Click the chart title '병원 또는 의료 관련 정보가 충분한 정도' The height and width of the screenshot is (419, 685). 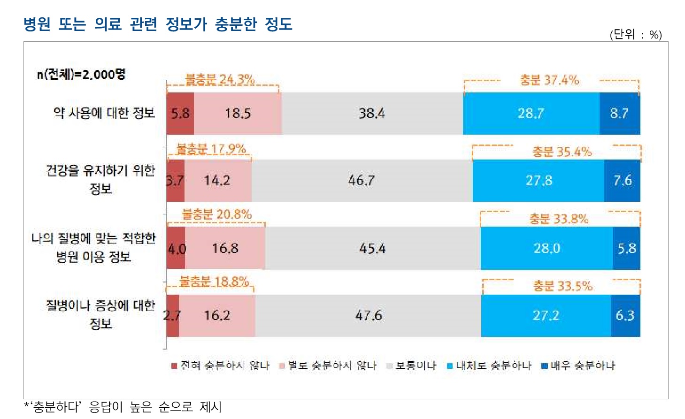tap(158, 23)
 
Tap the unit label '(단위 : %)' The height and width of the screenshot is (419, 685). tap(636, 34)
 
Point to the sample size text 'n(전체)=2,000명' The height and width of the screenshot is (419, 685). tap(81, 74)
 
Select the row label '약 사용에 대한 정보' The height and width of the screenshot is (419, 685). tap(104, 113)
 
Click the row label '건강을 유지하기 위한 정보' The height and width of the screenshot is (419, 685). tap(100, 179)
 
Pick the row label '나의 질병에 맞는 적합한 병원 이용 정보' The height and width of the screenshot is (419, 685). tap(93, 247)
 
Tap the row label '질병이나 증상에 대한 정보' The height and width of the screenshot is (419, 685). tap(100, 314)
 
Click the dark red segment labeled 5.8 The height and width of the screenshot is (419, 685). tap(180, 114)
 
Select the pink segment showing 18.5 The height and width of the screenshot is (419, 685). tap(238, 114)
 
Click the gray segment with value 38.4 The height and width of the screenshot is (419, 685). tap(372, 114)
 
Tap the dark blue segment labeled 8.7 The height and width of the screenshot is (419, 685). tap(619, 114)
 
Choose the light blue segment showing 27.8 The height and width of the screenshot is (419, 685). tap(539, 181)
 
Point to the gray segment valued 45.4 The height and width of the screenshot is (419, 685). tap(372, 248)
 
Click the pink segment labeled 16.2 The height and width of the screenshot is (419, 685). tap(217, 315)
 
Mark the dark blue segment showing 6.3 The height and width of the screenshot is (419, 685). tap(625, 315)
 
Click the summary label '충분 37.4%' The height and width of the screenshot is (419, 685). tap(549, 80)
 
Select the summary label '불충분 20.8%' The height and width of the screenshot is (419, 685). tap(216, 214)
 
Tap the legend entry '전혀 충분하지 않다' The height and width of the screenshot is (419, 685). tap(220, 366)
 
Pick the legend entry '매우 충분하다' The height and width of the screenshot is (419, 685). tap(578, 366)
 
